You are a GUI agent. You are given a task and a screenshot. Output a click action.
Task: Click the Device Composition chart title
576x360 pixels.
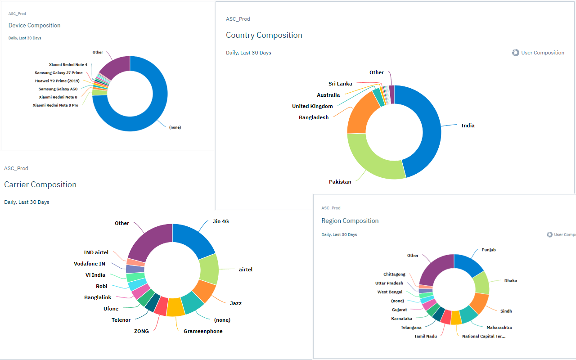(x=34, y=25)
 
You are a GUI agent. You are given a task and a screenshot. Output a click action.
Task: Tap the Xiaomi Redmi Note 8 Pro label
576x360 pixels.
(x=55, y=105)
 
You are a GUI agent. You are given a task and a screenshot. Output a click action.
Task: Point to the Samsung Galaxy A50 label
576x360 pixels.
(x=58, y=89)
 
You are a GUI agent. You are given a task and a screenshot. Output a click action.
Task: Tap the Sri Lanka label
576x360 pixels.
(x=340, y=84)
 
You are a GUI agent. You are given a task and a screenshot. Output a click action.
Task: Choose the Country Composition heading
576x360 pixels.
(x=264, y=35)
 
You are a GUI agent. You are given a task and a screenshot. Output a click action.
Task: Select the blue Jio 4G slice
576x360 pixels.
(x=193, y=238)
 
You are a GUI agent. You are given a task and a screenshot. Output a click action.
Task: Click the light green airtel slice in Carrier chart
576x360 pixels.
(x=209, y=269)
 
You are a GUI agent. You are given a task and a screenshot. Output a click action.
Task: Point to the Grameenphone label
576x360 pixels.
(x=203, y=331)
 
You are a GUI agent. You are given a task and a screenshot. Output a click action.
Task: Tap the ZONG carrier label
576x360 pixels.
(x=141, y=331)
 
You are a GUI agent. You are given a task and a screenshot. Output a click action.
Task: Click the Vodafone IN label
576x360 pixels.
(x=90, y=264)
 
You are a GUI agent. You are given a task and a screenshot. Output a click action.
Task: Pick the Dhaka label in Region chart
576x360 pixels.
(x=510, y=281)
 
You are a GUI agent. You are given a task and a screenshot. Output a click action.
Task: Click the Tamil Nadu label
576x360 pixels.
(x=425, y=336)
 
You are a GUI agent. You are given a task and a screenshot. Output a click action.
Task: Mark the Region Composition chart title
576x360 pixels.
(x=350, y=220)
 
